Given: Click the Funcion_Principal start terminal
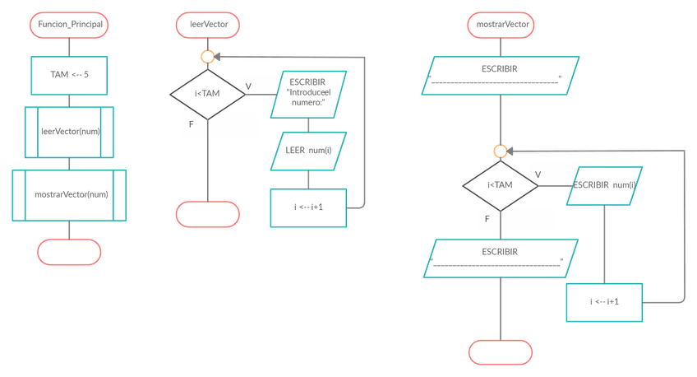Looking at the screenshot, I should pyautogui.click(x=70, y=26).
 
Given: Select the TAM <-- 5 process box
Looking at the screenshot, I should pyautogui.click(x=70, y=74).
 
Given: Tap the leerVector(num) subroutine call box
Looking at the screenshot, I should pyautogui.click(x=70, y=132).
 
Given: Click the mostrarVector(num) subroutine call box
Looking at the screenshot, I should pyautogui.click(x=70, y=195).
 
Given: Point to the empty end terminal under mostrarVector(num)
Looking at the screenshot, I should pyautogui.click(x=70, y=252).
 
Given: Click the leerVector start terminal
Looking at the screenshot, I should pyautogui.click(x=208, y=26).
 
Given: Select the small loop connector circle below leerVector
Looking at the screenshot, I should pyautogui.click(x=208, y=57).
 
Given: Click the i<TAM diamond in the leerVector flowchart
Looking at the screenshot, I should pyautogui.click(x=207, y=95).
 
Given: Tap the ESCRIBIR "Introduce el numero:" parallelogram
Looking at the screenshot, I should pyautogui.click(x=307, y=95).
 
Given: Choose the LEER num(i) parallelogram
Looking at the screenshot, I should pyautogui.click(x=307, y=150).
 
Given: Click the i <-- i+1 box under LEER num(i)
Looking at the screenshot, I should pyautogui.click(x=308, y=207).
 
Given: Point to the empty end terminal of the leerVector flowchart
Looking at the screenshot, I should pyautogui.click(x=208, y=214).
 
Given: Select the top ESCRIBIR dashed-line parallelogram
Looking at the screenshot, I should pyautogui.click(x=500, y=76).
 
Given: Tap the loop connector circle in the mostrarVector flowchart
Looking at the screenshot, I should pyautogui.click(x=500, y=151).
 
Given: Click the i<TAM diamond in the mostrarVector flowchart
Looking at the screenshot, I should pyautogui.click(x=500, y=185).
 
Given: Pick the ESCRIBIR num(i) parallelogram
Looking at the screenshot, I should pyautogui.click(x=603, y=185).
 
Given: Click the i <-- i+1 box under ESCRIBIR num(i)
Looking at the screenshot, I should pyautogui.click(x=604, y=302).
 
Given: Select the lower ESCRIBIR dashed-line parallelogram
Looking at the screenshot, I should pyautogui.click(x=500, y=257).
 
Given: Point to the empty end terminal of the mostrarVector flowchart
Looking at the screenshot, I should pyautogui.click(x=500, y=351).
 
